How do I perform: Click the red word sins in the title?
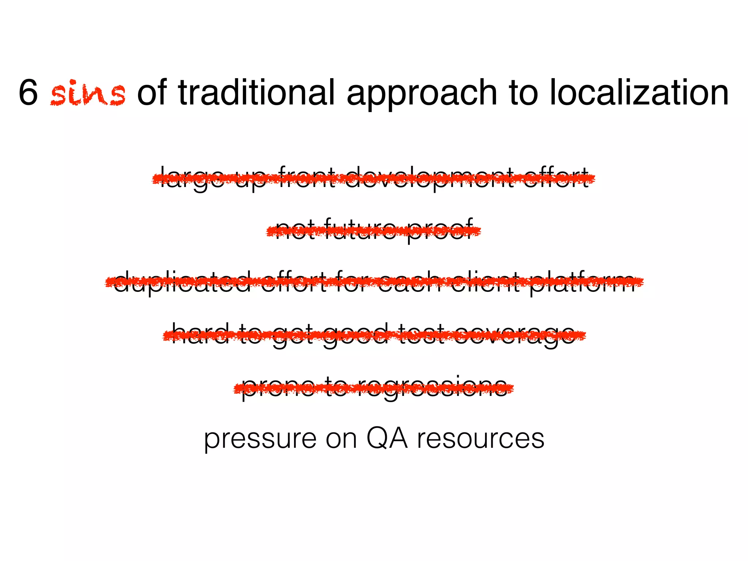point(88,93)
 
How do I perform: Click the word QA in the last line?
point(387,438)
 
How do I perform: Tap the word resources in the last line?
point(481,439)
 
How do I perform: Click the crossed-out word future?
point(360,230)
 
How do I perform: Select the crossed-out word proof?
point(440,230)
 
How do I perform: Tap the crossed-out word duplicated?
point(182,282)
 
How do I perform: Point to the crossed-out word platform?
point(583,282)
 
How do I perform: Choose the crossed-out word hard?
point(200,334)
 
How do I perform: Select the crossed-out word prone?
point(278,388)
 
